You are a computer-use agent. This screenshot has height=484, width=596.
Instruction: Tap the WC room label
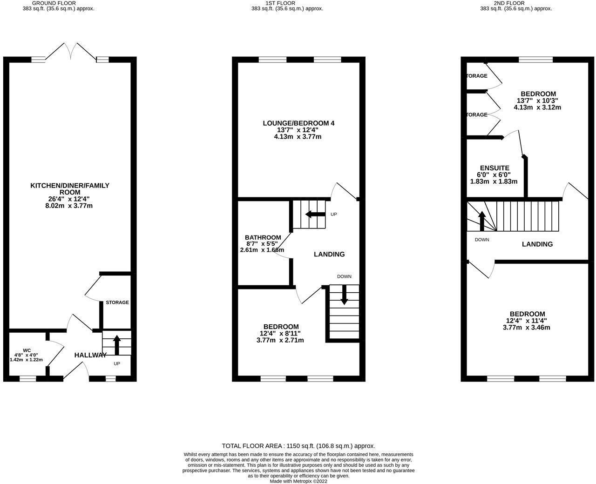[27, 350]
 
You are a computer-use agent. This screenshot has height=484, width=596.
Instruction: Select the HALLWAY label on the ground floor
[90, 355]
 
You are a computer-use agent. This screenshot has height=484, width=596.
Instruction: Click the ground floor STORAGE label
[117, 302]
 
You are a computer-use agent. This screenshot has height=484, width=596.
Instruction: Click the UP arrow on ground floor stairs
[116, 345]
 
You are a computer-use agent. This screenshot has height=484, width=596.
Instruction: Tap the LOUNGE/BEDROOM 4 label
[298, 123]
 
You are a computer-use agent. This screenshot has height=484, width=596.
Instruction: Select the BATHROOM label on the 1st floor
[263, 237]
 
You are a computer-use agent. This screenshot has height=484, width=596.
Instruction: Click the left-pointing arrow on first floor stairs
[315, 215]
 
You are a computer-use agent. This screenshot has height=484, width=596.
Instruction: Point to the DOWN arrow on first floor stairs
[344, 295]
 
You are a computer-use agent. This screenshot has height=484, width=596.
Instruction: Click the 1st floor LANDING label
[329, 254]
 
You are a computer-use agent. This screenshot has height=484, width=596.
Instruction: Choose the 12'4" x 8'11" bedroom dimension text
[280, 333]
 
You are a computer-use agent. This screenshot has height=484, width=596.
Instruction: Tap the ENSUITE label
[494, 168]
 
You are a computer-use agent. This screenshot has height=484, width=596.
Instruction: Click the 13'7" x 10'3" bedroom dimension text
[537, 101]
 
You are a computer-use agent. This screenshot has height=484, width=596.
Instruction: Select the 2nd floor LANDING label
[537, 244]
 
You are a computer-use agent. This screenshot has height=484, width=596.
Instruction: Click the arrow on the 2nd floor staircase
[482, 221]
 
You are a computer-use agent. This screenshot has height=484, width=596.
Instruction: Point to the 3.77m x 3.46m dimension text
[527, 327]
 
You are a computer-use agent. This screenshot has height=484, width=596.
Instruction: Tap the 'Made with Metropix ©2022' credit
[298, 481]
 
